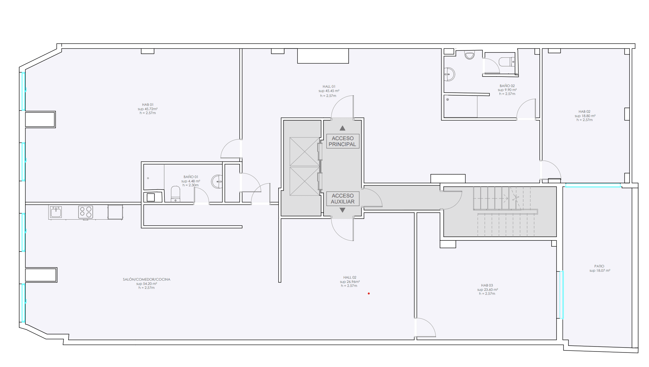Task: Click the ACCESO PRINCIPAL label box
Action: pos(343,141)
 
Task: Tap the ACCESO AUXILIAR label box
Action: pos(343,199)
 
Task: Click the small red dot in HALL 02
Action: pos(369,293)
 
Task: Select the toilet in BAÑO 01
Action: pos(175,194)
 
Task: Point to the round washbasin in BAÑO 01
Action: pos(217,181)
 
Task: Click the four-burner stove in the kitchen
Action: pos(85,212)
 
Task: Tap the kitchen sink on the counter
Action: pos(56,212)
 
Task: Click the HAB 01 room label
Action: pos(148,105)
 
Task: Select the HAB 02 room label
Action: pos(584,111)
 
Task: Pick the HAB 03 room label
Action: pos(487,285)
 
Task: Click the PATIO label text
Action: pos(599,266)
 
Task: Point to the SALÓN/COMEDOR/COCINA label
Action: pos(147,279)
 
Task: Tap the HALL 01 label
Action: pos(329,86)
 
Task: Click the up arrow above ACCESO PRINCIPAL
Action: pos(342,128)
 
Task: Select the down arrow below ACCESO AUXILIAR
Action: pos(342,210)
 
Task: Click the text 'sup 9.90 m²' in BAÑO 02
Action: pos(507,90)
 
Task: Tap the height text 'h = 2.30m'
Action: pos(190,185)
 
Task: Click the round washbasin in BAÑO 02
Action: pos(449,75)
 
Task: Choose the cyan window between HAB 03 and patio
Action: pos(561,295)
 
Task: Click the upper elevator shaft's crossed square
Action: pos(304,152)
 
